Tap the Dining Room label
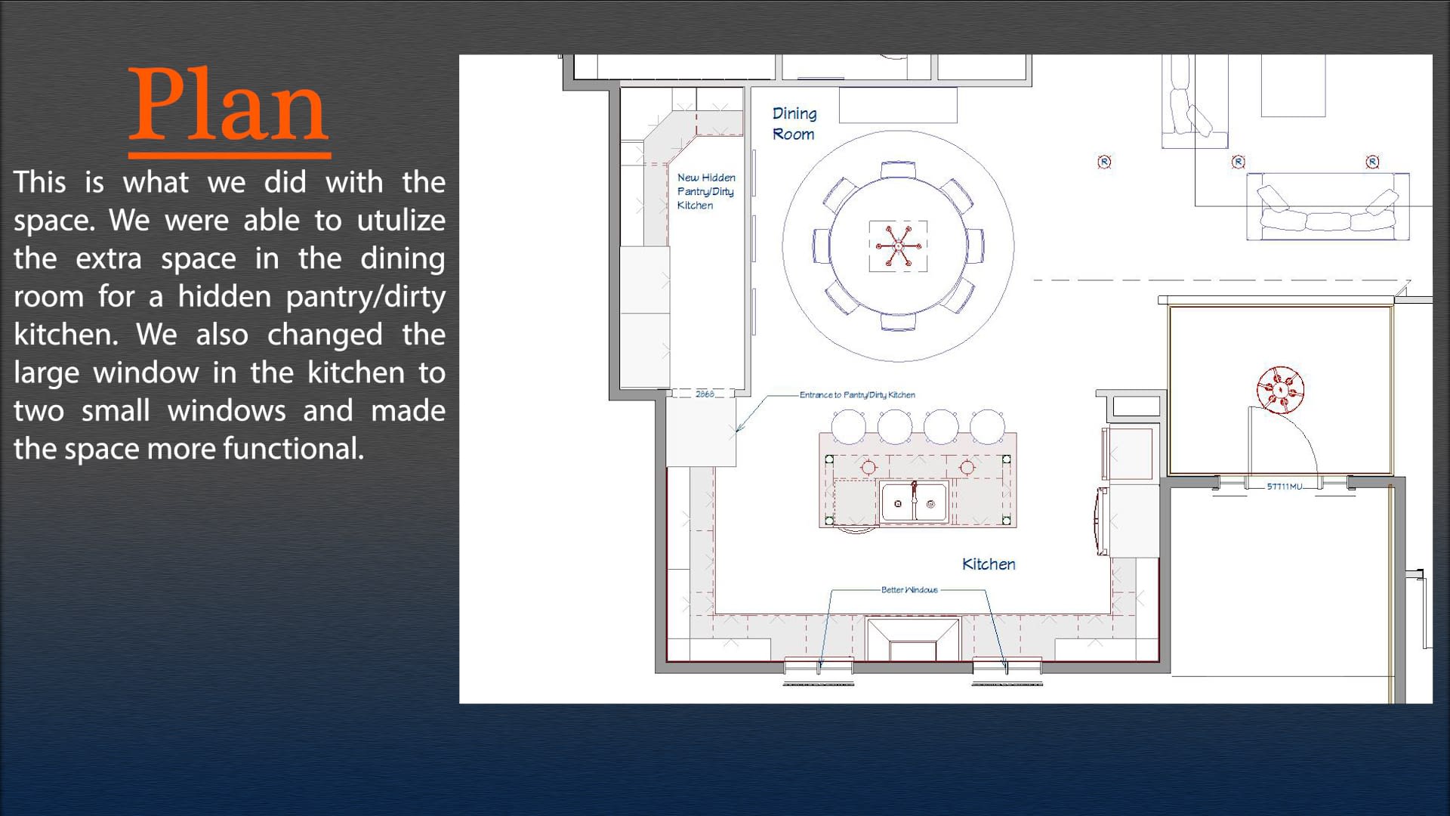tap(794, 124)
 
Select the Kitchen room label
tap(989, 564)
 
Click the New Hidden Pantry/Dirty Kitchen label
tap(706, 191)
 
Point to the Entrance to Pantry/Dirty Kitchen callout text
tap(857, 394)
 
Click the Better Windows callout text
tap(909, 589)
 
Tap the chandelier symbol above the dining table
tap(898, 246)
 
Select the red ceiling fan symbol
tap(1280, 390)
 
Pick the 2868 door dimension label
tap(705, 394)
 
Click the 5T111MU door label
tap(1284, 487)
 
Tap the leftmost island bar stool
tap(848, 426)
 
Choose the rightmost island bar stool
tap(987, 426)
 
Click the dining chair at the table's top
tap(898, 169)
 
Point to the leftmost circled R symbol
tap(1104, 162)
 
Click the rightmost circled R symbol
tap(1372, 162)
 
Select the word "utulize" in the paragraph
tap(400, 221)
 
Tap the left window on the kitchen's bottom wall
tap(819, 666)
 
